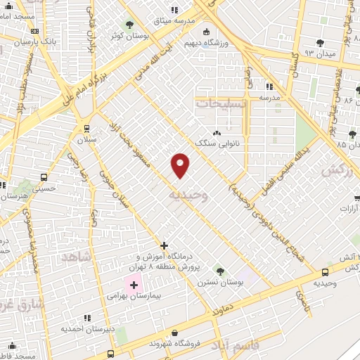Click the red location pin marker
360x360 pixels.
(181, 165)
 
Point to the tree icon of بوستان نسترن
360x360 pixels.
(220, 270)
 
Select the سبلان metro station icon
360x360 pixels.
(86, 129)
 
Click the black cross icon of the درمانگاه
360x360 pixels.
(164, 245)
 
